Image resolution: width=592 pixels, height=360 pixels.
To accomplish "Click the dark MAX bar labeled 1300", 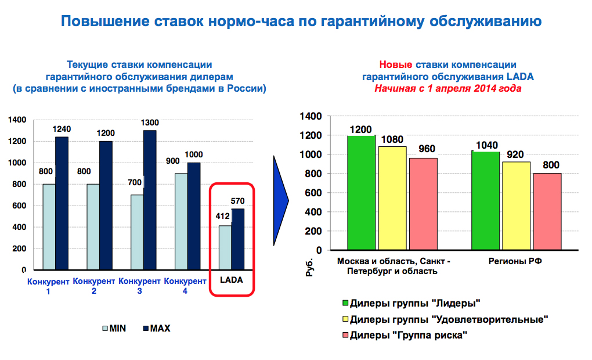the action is pyautogui.click(x=150, y=200).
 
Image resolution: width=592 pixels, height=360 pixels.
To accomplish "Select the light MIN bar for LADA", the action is pyautogui.click(x=225, y=247).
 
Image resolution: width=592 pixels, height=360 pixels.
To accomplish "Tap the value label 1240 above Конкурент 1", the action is pyautogui.click(x=62, y=129).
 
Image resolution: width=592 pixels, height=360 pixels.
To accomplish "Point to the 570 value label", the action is pyautogui.click(x=238, y=201).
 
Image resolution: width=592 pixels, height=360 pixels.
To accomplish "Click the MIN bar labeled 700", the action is pyautogui.click(x=137, y=232).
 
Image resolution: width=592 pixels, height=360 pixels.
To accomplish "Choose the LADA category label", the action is pyautogui.click(x=232, y=280).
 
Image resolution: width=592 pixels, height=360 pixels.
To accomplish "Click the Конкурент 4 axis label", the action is pyautogui.click(x=185, y=286).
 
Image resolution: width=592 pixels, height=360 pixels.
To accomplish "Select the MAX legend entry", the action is pyautogui.click(x=157, y=328).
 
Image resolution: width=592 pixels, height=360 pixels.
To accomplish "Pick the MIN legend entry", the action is pyautogui.click(x=114, y=328).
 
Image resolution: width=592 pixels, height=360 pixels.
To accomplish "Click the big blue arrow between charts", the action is pyautogui.click(x=280, y=200).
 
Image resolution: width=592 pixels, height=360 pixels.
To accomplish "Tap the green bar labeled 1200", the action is pyautogui.click(x=362, y=192).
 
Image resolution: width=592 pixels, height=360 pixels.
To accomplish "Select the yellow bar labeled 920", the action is pyautogui.click(x=516, y=206).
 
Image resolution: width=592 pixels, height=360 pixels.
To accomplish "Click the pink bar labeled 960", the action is pyautogui.click(x=423, y=204).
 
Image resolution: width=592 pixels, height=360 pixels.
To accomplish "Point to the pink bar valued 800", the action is pyautogui.click(x=547, y=211).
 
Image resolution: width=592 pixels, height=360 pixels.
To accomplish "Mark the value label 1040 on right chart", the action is pyautogui.click(x=487, y=145).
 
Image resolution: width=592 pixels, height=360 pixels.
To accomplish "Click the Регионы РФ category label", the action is pyautogui.click(x=515, y=261).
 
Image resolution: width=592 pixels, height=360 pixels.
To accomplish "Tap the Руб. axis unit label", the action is pyautogui.click(x=309, y=267).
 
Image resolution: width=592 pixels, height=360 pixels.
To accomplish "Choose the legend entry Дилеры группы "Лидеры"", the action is pyautogui.click(x=411, y=303).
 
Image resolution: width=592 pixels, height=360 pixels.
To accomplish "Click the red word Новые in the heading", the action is pyautogui.click(x=396, y=64).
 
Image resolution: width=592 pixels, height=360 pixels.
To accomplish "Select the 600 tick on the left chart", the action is pyautogui.click(x=19, y=206).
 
